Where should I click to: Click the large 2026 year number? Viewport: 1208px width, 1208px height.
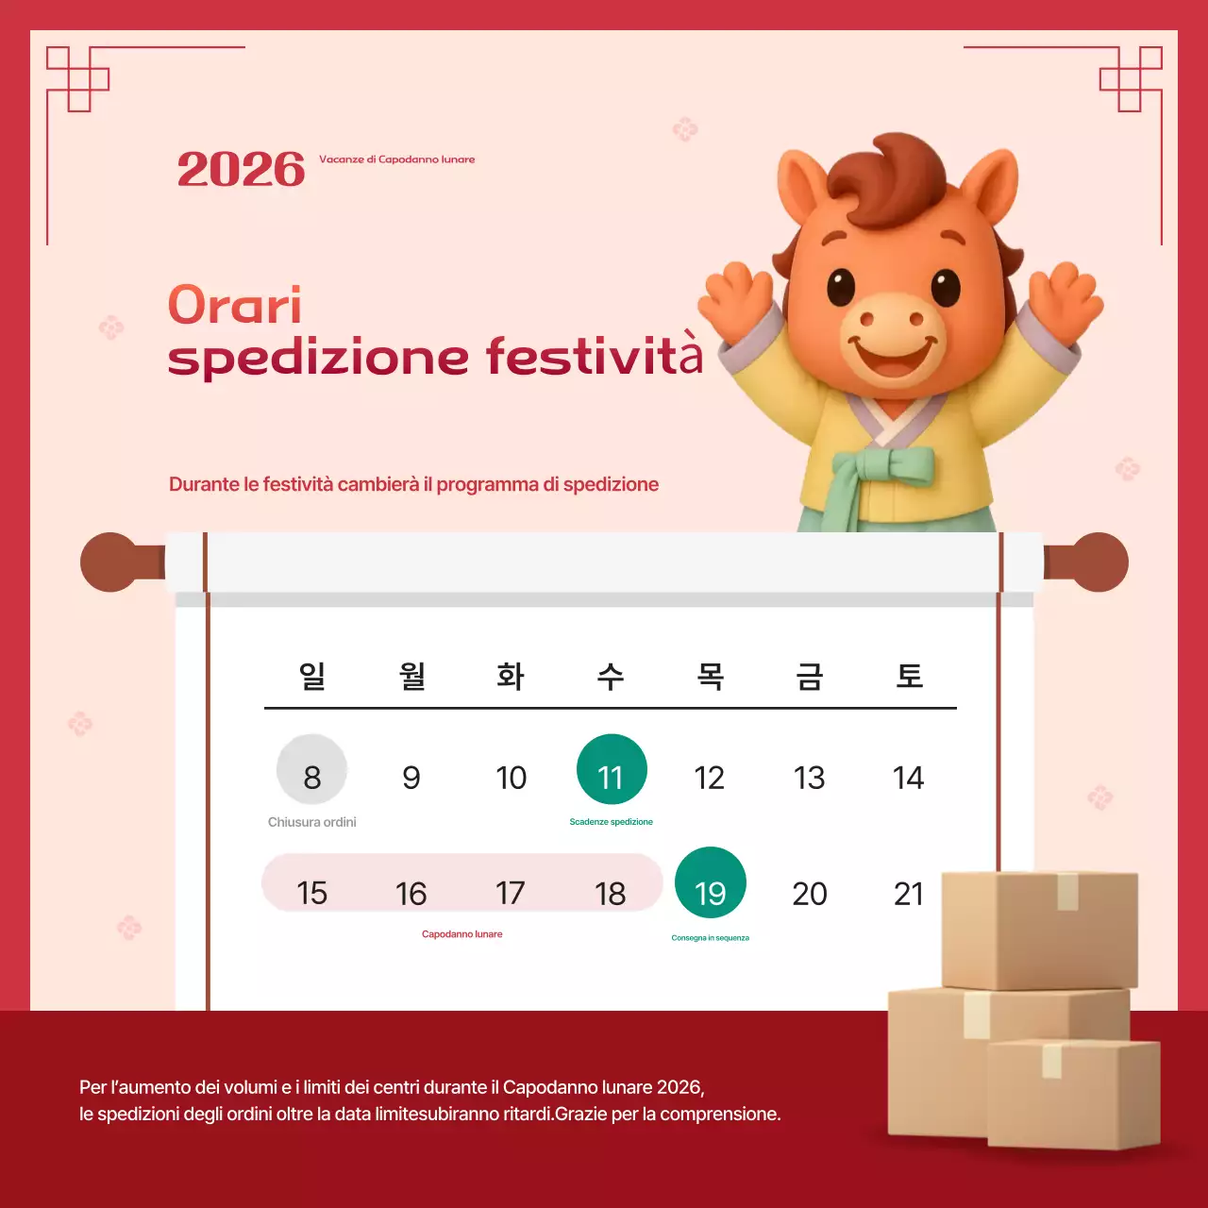click(x=241, y=170)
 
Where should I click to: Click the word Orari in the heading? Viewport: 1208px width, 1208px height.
click(x=235, y=306)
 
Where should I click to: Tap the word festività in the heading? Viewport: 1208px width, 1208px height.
click(x=595, y=356)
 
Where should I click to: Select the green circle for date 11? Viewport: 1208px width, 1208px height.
click(x=612, y=769)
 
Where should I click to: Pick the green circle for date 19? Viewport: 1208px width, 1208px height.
click(x=711, y=882)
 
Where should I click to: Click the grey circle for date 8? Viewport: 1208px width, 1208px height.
click(x=312, y=769)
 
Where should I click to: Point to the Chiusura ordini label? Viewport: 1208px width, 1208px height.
click(x=312, y=822)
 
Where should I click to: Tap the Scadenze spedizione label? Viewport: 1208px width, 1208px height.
click(x=612, y=822)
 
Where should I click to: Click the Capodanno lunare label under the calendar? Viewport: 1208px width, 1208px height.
click(x=462, y=934)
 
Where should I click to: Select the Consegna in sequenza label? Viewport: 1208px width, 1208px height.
click(x=711, y=938)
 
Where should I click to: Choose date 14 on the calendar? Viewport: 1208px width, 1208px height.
click(x=908, y=778)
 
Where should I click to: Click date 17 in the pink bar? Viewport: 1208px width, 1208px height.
click(x=511, y=893)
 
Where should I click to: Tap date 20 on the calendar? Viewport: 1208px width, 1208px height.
click(x=810, y=894)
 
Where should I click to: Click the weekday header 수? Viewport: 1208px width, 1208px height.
click(x=611, y=676)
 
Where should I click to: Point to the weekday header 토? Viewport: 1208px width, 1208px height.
click(x=909, y=676)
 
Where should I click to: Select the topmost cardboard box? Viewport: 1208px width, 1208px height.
click(x=1040, y=929)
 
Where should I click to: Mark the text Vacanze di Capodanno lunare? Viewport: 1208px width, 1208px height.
click(x=397, y=159)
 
